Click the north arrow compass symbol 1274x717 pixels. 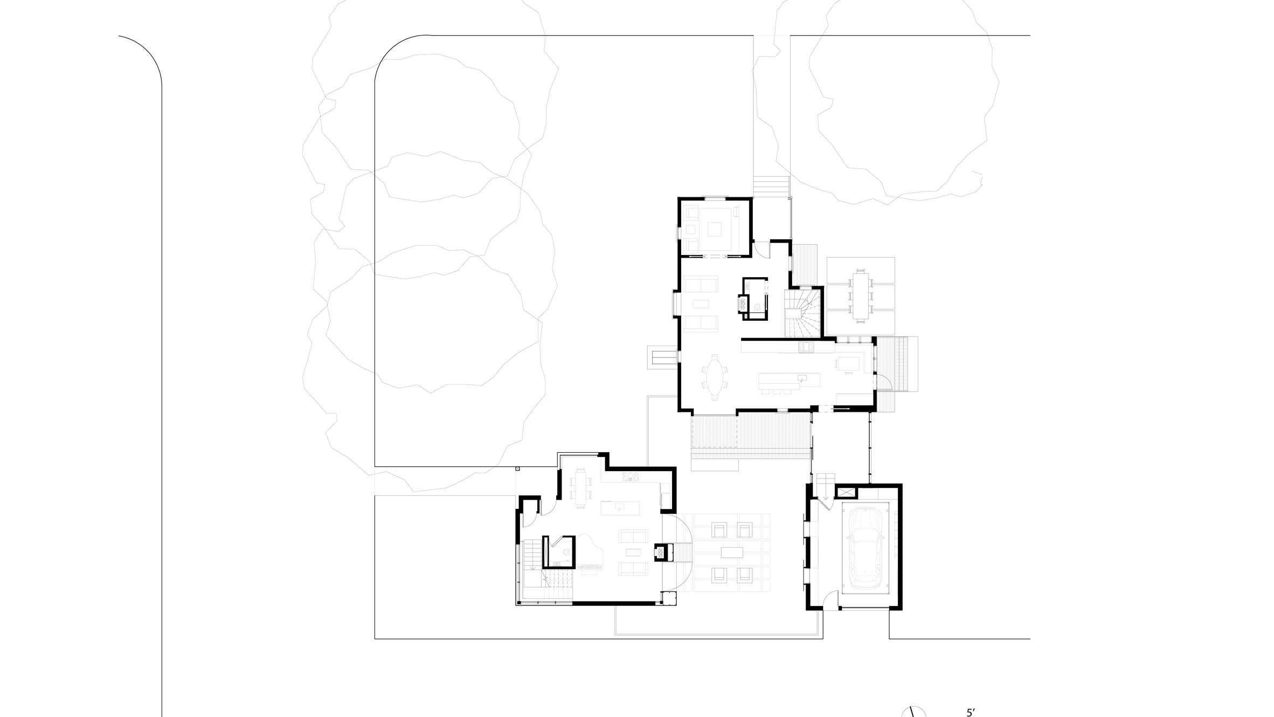[x=914, y=711]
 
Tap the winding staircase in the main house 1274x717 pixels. [x=802, y=313]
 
